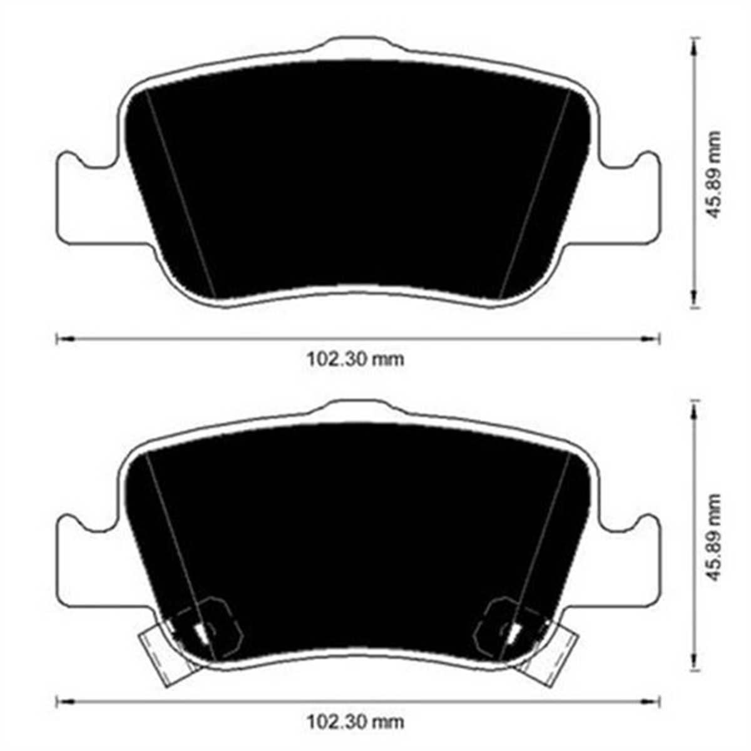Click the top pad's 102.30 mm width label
355,359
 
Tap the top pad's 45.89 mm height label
714,175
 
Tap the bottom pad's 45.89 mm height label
714,537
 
